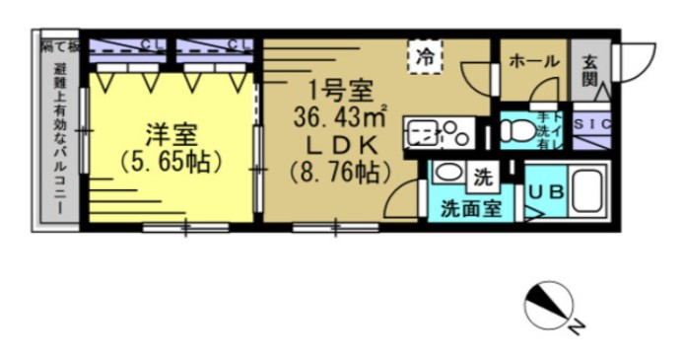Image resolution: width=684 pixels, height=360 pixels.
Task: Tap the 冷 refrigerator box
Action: click(427, 56)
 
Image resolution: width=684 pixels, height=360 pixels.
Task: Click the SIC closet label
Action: click(591, 124)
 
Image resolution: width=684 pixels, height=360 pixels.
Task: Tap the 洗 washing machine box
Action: click(482, 179)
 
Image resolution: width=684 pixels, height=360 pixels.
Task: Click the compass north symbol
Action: click(550, 307)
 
